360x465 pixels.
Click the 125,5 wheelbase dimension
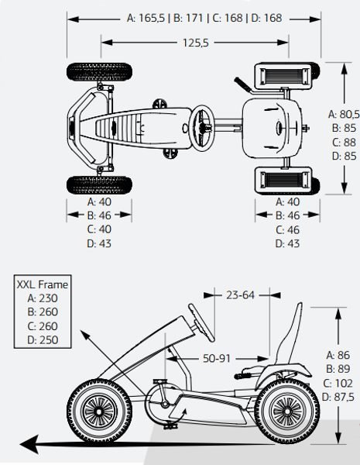[x=196, y=43]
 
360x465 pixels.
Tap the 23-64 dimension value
[x=240, y=295]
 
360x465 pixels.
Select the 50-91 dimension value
[x=217, y=359]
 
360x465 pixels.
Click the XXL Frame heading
[x=43, y=284]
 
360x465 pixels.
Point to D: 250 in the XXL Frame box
[x=43, y=340]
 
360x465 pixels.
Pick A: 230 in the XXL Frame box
[x=43, y=298]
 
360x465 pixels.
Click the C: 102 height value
[x=338, y=383]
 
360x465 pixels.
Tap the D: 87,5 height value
[x=338, y=397]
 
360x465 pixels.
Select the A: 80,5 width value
[x=344, y=114]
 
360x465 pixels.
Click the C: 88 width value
[x=344, y=143]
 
